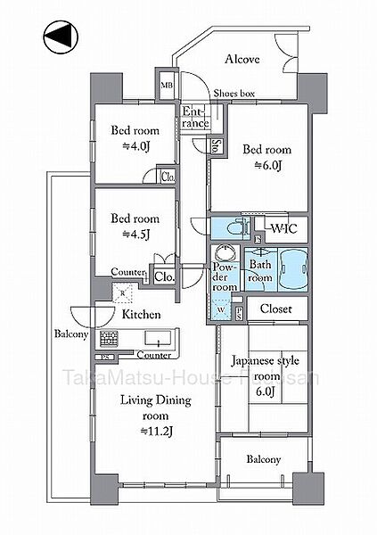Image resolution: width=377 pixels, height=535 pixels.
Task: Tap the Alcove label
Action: (242, 60)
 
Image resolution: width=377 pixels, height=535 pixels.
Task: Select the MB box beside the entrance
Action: (167, 86)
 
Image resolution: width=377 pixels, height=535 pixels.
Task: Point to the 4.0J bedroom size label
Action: (134, 146)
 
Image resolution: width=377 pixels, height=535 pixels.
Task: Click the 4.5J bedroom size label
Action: (134, 234)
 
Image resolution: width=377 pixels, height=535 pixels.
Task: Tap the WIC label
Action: (283, 228)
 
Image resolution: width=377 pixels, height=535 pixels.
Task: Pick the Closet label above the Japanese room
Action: (277, 309)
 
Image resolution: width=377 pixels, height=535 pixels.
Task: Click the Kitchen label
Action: (141, 315)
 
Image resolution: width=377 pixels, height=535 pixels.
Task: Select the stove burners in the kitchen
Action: (111, 339)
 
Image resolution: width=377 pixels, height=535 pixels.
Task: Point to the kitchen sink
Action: (160, 339)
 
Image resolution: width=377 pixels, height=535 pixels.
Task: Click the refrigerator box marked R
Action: (124, 292)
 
